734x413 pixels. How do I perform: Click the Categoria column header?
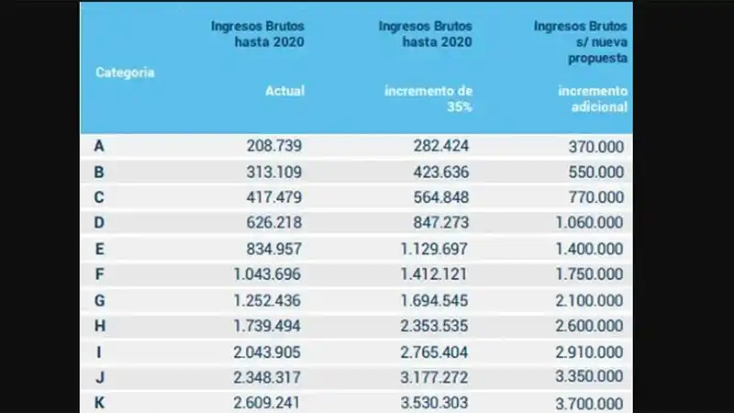[125, 73]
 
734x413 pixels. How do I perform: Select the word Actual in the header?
[284, 91]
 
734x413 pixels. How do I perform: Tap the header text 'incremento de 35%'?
[428, 98]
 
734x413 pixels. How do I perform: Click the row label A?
[98, 145]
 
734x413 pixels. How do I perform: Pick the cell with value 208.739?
[274, 145]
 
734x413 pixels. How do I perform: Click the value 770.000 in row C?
[596, 196]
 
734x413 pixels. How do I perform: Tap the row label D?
[98, 222]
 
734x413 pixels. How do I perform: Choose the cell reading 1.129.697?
[431, 248]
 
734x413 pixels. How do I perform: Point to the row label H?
[98, 326]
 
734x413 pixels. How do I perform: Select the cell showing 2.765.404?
[431, 352]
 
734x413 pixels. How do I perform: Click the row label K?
[98, 403]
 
